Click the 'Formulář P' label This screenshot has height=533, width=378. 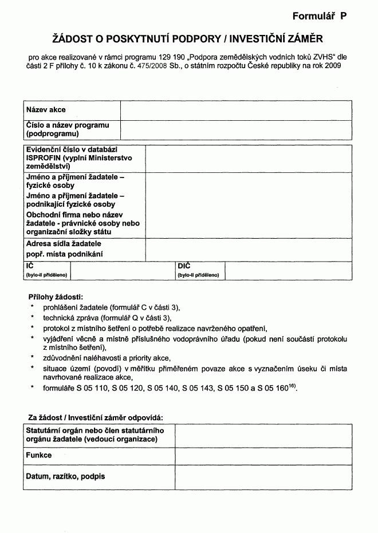click(x=319, y=17)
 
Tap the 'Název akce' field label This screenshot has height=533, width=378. click(x=46, y=109)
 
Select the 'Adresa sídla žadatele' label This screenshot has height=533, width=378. click(x=64, y=244)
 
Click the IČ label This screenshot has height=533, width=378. click(x=30, y=267)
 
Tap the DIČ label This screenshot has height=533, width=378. click(x=184, y=267)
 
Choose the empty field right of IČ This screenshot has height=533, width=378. click(x=123, y=271)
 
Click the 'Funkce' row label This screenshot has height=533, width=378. click(x=39, y=455)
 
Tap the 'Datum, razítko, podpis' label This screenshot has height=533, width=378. click(x=65, y=476)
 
